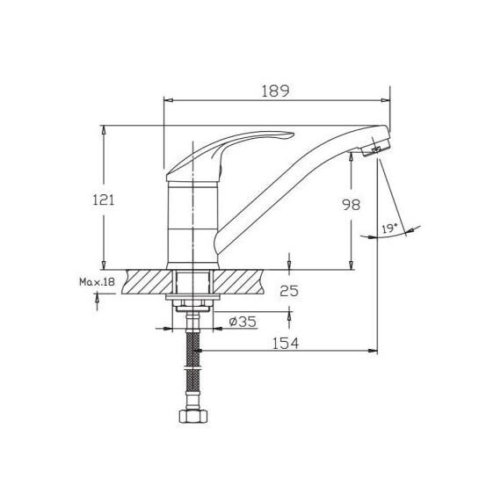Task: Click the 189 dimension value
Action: [x=275, y=91]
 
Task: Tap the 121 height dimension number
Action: [x=103, y=200]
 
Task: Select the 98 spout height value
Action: [x=351, y=205]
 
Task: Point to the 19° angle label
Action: [x=389, y=229]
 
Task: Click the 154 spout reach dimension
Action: [x=286, y=343]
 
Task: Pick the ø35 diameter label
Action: [x=243, y=322]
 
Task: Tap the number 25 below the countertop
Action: [x=289, y=291]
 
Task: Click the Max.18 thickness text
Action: [x=97, y=282]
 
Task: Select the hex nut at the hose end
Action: [x=193, y=416]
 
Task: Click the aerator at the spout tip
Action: [x=377, y=148]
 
